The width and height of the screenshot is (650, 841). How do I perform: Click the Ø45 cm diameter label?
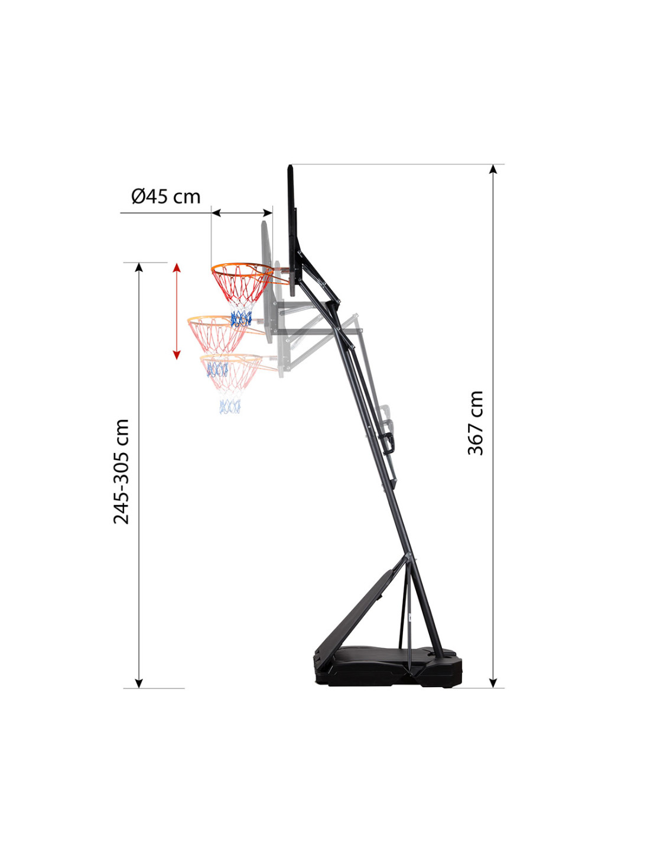click(166, 196)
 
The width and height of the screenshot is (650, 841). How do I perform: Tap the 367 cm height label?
click(475, 423)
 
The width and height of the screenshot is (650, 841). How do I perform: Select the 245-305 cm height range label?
click(121, 471)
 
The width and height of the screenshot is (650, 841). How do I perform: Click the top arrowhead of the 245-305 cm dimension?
click(139, 267)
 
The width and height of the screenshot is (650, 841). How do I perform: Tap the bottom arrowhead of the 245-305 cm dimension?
click(139, 683)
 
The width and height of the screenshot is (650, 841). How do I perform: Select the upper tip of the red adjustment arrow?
click(176, 264)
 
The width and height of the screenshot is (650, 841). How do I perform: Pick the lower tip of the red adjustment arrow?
click(176, 359)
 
